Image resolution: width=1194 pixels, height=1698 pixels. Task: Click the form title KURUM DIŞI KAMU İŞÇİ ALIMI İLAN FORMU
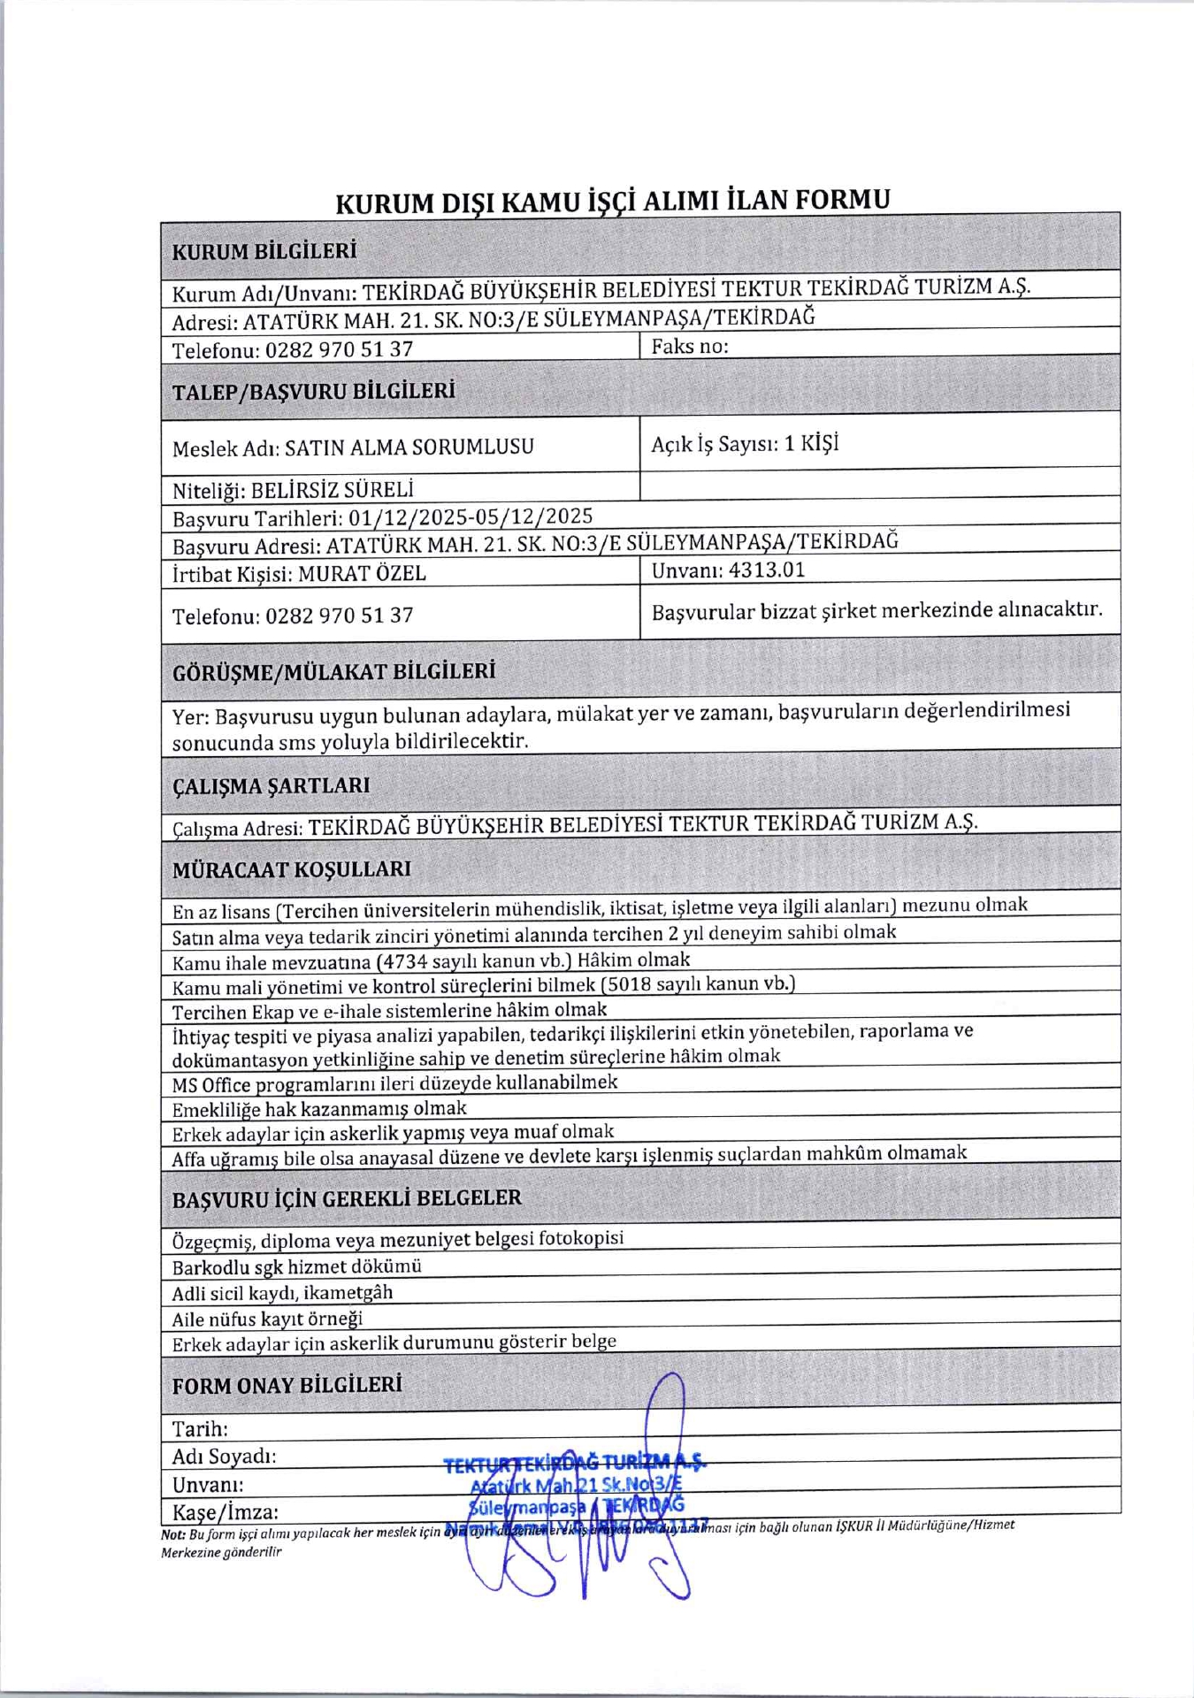point(612,202)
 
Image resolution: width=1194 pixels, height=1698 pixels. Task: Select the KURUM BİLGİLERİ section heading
point(264,250)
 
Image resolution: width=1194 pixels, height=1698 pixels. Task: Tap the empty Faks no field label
point(690,347)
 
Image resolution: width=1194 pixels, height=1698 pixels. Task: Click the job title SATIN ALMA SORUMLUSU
point(409,447)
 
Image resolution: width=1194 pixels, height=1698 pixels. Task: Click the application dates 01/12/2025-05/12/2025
point(471,517)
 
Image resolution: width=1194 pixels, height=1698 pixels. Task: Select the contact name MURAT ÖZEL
point(362,573)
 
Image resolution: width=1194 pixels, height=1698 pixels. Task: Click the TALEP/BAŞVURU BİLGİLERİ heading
point(313,391)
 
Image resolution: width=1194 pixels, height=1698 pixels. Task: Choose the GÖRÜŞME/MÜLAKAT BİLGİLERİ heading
point(333,671)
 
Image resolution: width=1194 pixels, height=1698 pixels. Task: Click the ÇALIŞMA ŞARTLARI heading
point(271,785)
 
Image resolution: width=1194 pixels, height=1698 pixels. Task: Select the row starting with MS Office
point(394,1083)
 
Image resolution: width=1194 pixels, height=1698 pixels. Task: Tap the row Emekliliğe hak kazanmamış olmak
point(319,1109)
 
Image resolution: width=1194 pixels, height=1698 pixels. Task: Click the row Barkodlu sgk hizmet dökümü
point(296,1266)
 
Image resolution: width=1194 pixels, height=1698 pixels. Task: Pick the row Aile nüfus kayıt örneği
point(267,1319)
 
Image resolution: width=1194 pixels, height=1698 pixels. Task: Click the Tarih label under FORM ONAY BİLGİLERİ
point(200,1428)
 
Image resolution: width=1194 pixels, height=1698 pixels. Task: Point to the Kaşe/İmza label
point(225,1511)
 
